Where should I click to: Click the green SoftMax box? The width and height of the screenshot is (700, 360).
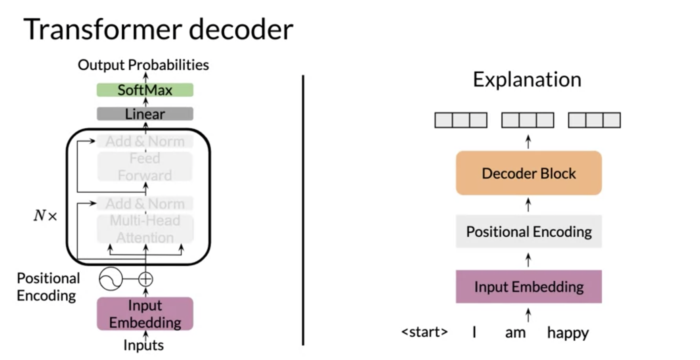pyautogui.click(x=145, y=90)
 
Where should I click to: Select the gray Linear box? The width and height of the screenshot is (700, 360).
pyautogui.click(x=145, y=114)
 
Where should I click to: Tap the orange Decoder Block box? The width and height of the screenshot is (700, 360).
pyautogui.click(x=529, y=173)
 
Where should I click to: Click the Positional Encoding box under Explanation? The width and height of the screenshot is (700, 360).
pyautogui.click(x=529, y=232)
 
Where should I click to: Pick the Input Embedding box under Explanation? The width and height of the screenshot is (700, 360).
pyautogui.click(x=529, y=287)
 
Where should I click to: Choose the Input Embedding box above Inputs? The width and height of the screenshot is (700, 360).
pyautogui.click(x=145, y=314)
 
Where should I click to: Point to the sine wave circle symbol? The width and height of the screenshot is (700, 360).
pyautogui.click(x=111, y=279)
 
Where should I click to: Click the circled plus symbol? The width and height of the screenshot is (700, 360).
pyautogui.click(x=145, y=279)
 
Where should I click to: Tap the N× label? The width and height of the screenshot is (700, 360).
pyautogui.click(x=45, y=216)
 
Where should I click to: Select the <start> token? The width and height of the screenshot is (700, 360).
pyautogui.click(x=425, y=331)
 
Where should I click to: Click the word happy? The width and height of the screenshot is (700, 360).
pyautogui.click(x=568, y=333)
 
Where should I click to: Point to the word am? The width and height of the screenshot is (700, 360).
pyautogui.click(x=515, y=333)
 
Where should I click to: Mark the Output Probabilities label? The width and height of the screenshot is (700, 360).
pyautogui.click(x=143, y=65)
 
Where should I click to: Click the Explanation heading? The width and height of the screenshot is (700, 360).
pyautogui.click(x=527, y=79)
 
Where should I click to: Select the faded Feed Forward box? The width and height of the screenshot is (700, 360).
pyautogui.click(x=145, y=167)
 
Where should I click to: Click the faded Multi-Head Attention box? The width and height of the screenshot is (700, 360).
pyautogui.click(x=145, y=229)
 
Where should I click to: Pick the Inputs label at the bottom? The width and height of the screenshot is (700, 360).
pyautogui.click(x=143, y=345)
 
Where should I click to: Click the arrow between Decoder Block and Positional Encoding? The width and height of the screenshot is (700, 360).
pyautogui.click(x=528, y=205)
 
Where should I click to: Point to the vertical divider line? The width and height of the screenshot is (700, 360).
pyautogui.click(x=303, y=210)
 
